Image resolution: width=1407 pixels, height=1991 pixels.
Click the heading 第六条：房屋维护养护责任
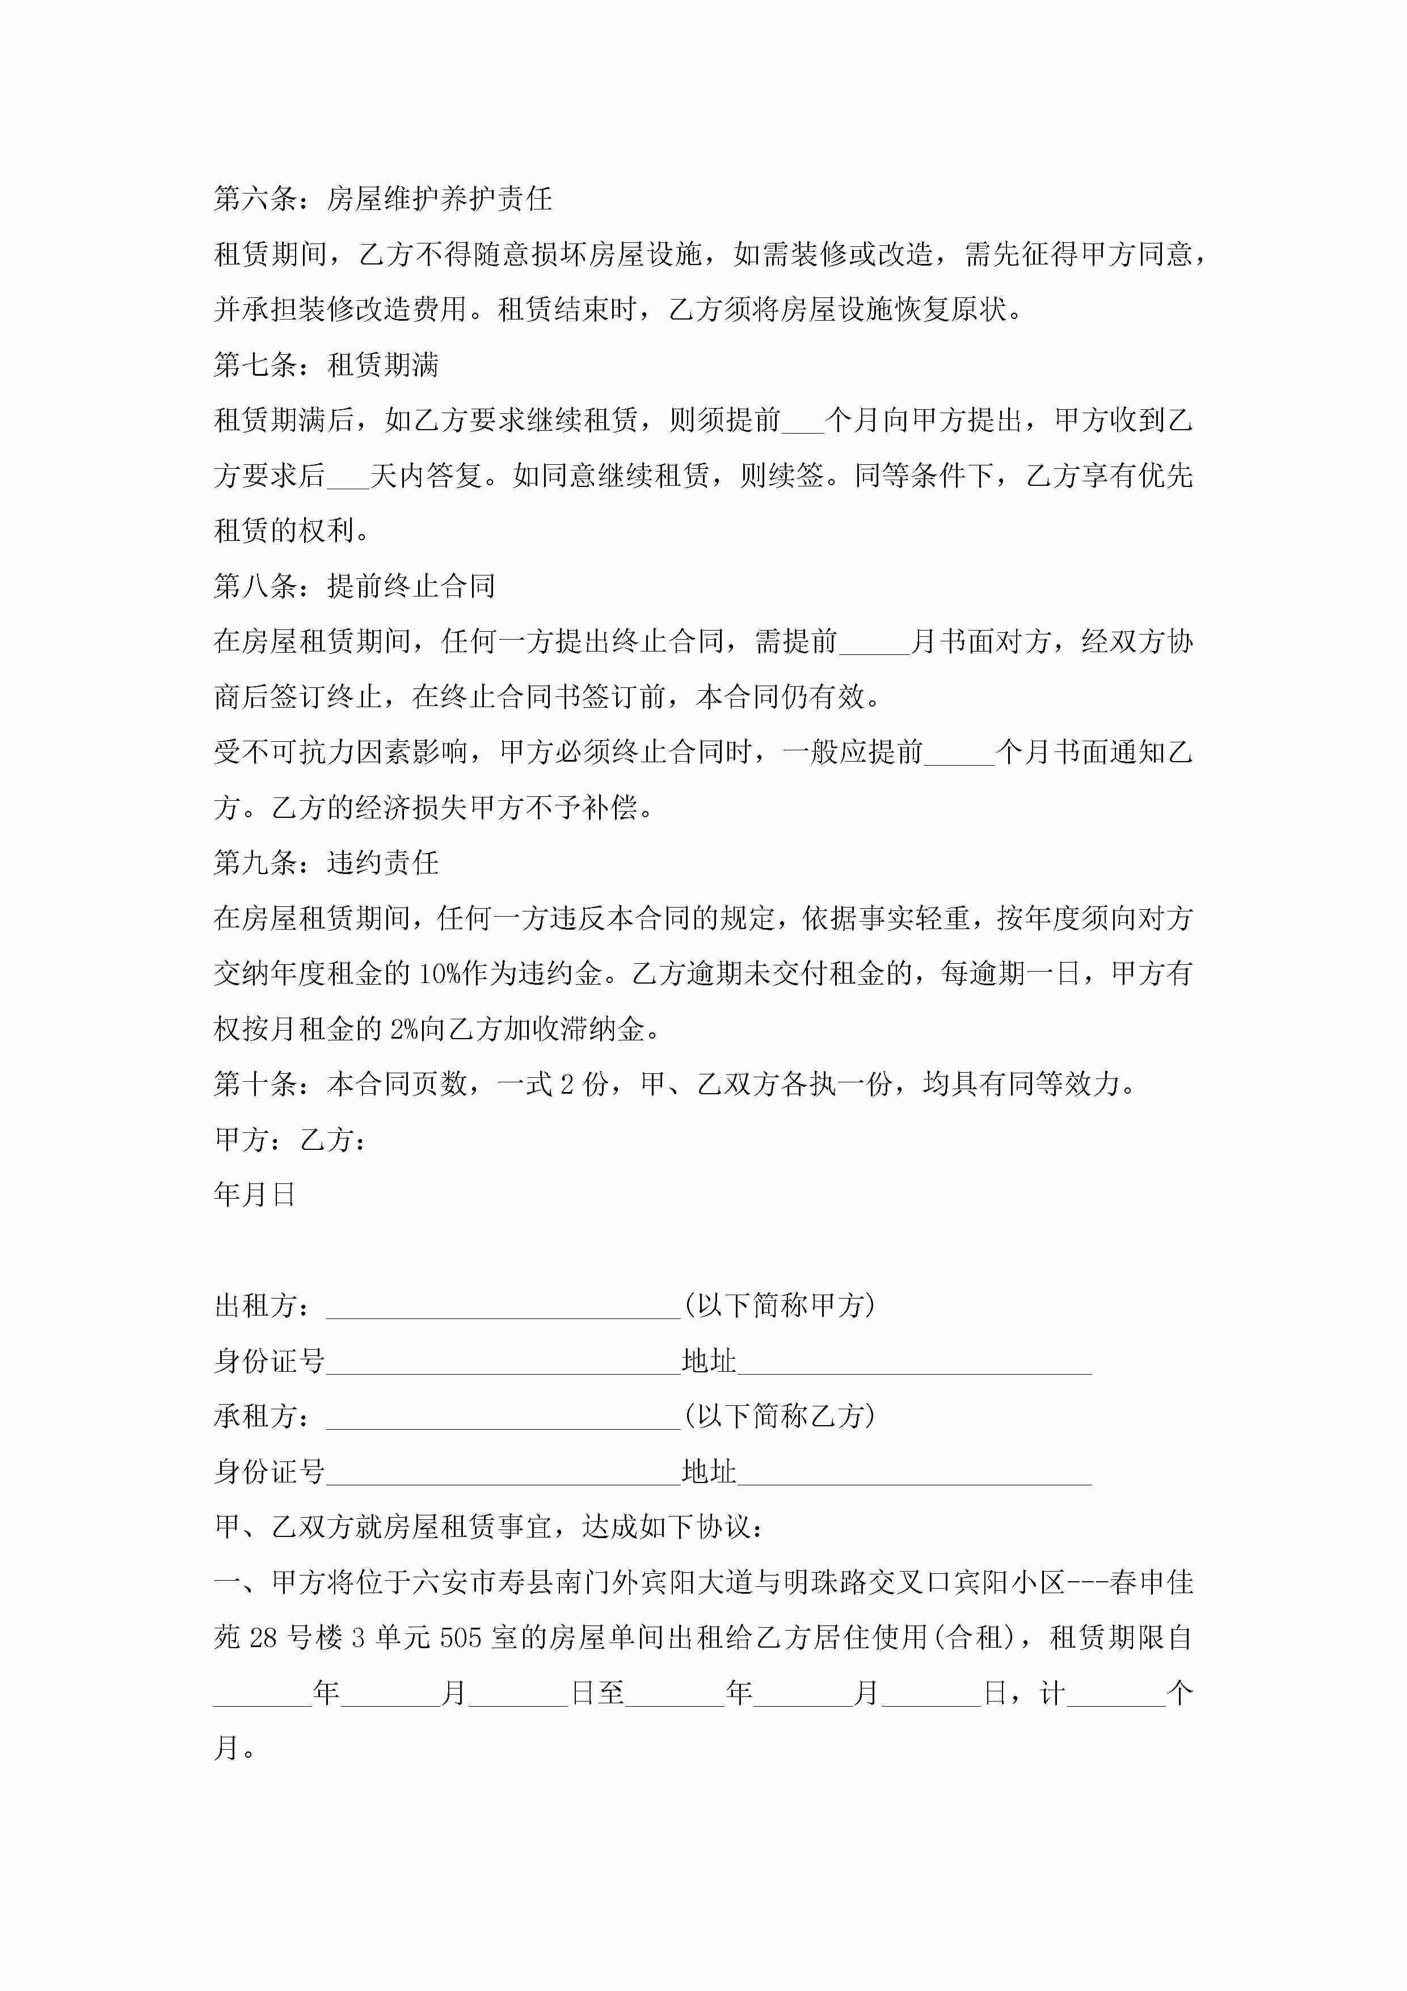(382, 199)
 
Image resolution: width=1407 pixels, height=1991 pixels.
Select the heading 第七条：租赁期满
(326, 365)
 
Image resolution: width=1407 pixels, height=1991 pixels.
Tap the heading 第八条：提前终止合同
(355, 586)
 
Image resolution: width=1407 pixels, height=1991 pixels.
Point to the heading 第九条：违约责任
(326, 863)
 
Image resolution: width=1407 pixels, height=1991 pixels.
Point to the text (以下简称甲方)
(778, 1305)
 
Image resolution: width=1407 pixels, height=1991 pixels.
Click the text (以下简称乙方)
(778, 1416)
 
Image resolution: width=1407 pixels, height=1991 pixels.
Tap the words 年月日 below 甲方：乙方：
(255, 1195)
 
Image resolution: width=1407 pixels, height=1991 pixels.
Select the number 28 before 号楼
(263, 1637)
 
